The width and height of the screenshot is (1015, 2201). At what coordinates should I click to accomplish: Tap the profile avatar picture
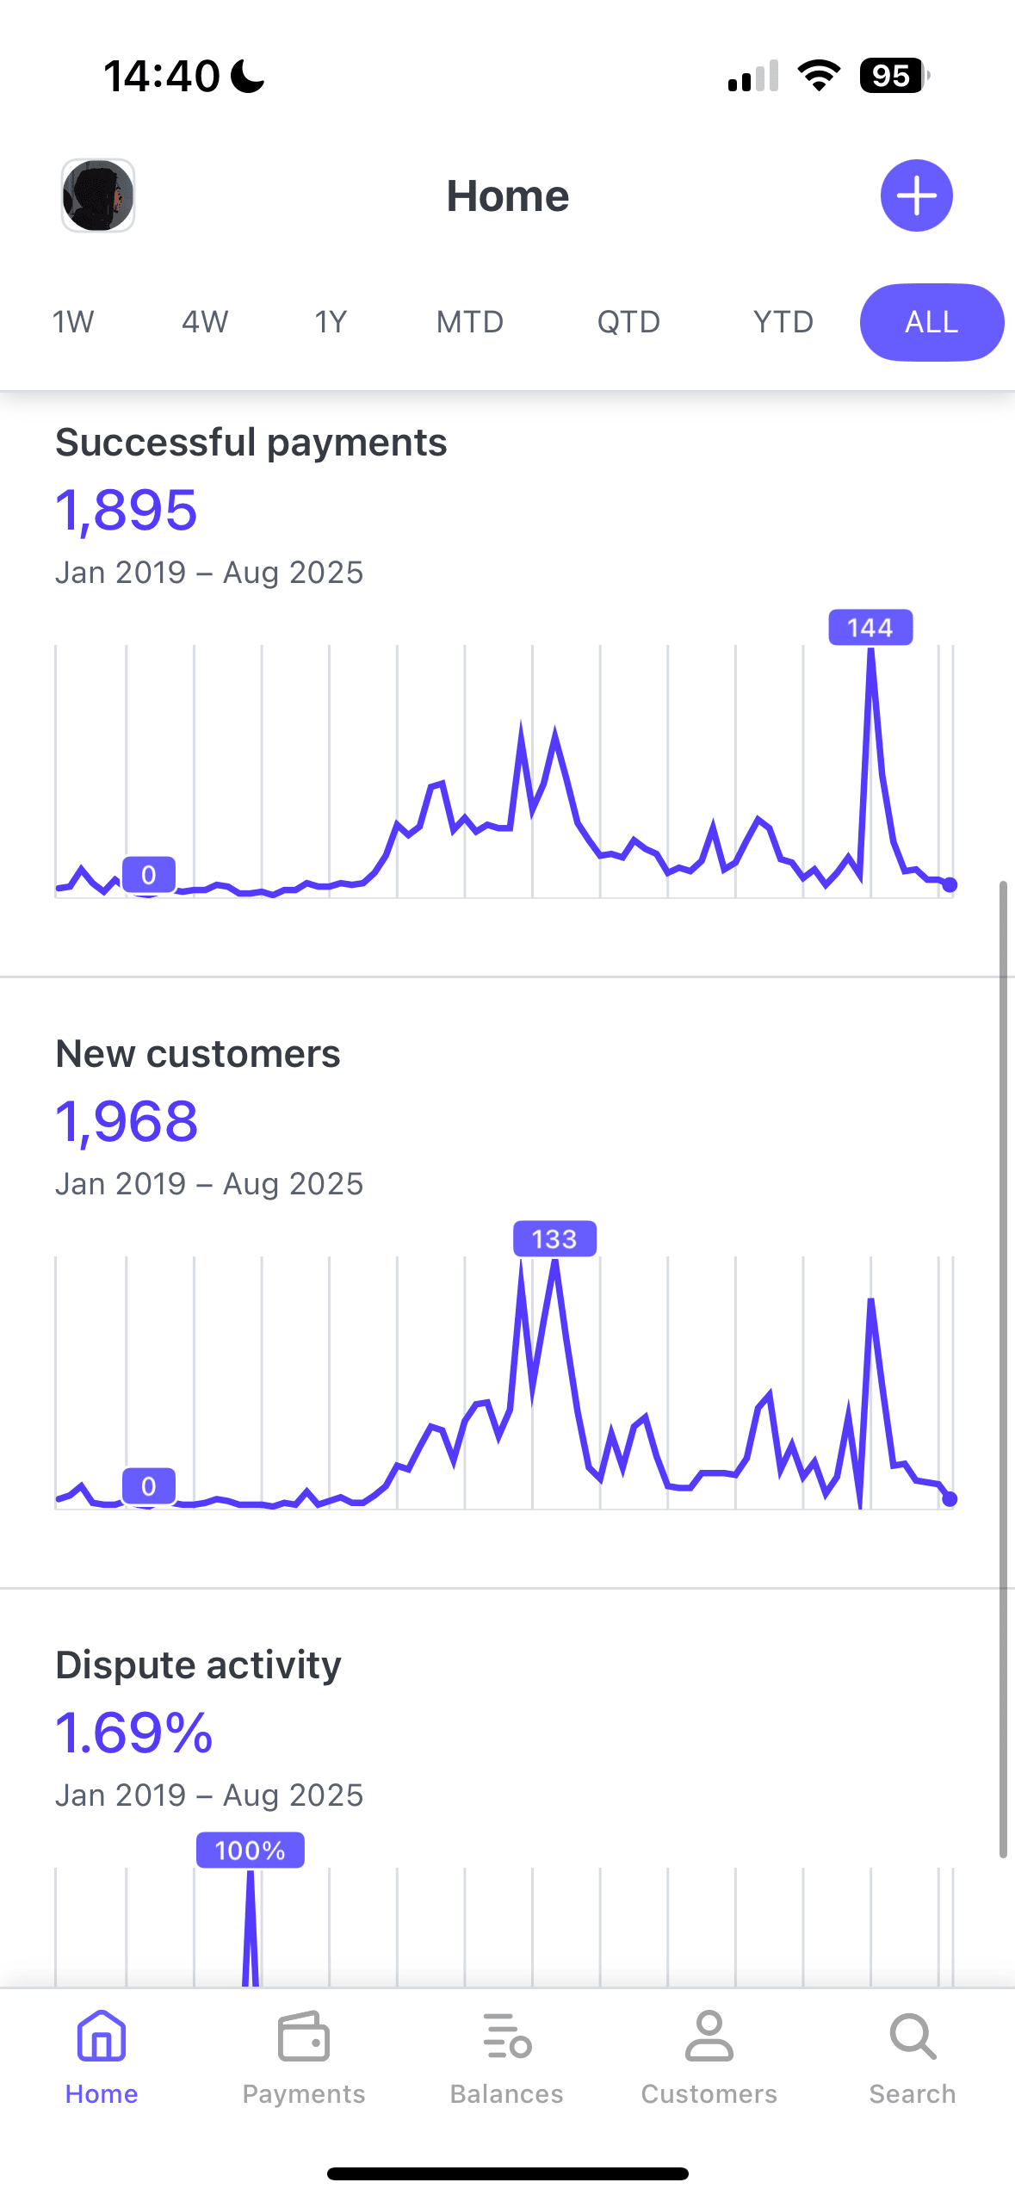click(98, 195)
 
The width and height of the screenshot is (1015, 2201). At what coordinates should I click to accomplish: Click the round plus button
click(916, 195)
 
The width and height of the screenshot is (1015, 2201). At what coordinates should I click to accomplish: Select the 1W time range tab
click(73, 322)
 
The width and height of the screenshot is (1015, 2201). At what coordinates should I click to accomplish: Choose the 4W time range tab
click(205, 322)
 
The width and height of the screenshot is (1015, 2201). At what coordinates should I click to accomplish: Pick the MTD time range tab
click(469, 322)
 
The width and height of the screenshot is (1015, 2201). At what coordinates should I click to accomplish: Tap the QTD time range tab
click(628, 322)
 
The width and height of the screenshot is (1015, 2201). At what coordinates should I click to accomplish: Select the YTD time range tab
click(783, 322)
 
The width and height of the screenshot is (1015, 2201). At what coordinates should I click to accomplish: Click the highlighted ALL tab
click(931, 322)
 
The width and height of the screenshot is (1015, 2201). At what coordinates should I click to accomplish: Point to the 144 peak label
click(870, 628)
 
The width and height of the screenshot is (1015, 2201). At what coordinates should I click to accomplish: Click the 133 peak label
click(554, 1239)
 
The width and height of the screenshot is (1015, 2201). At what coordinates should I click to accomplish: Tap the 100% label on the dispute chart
click(250, 1851)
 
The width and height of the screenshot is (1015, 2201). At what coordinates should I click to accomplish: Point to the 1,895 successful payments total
click(127, 511)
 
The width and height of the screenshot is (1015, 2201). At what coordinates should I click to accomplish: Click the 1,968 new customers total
click(127, 1122)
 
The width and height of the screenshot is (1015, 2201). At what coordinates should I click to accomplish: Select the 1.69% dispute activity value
click(134, 1733)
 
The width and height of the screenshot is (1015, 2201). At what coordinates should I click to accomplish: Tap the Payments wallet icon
click(304, 2037)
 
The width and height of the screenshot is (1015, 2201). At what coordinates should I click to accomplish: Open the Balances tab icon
click(507, 2037)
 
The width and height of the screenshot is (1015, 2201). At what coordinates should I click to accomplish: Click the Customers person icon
click(709, 2037)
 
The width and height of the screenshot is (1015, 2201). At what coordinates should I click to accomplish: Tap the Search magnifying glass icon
click(913, 2037)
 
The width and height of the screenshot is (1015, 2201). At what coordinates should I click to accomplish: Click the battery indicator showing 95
click(893, 76)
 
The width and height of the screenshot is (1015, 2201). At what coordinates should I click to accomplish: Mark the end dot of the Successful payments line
click(950, 884)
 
